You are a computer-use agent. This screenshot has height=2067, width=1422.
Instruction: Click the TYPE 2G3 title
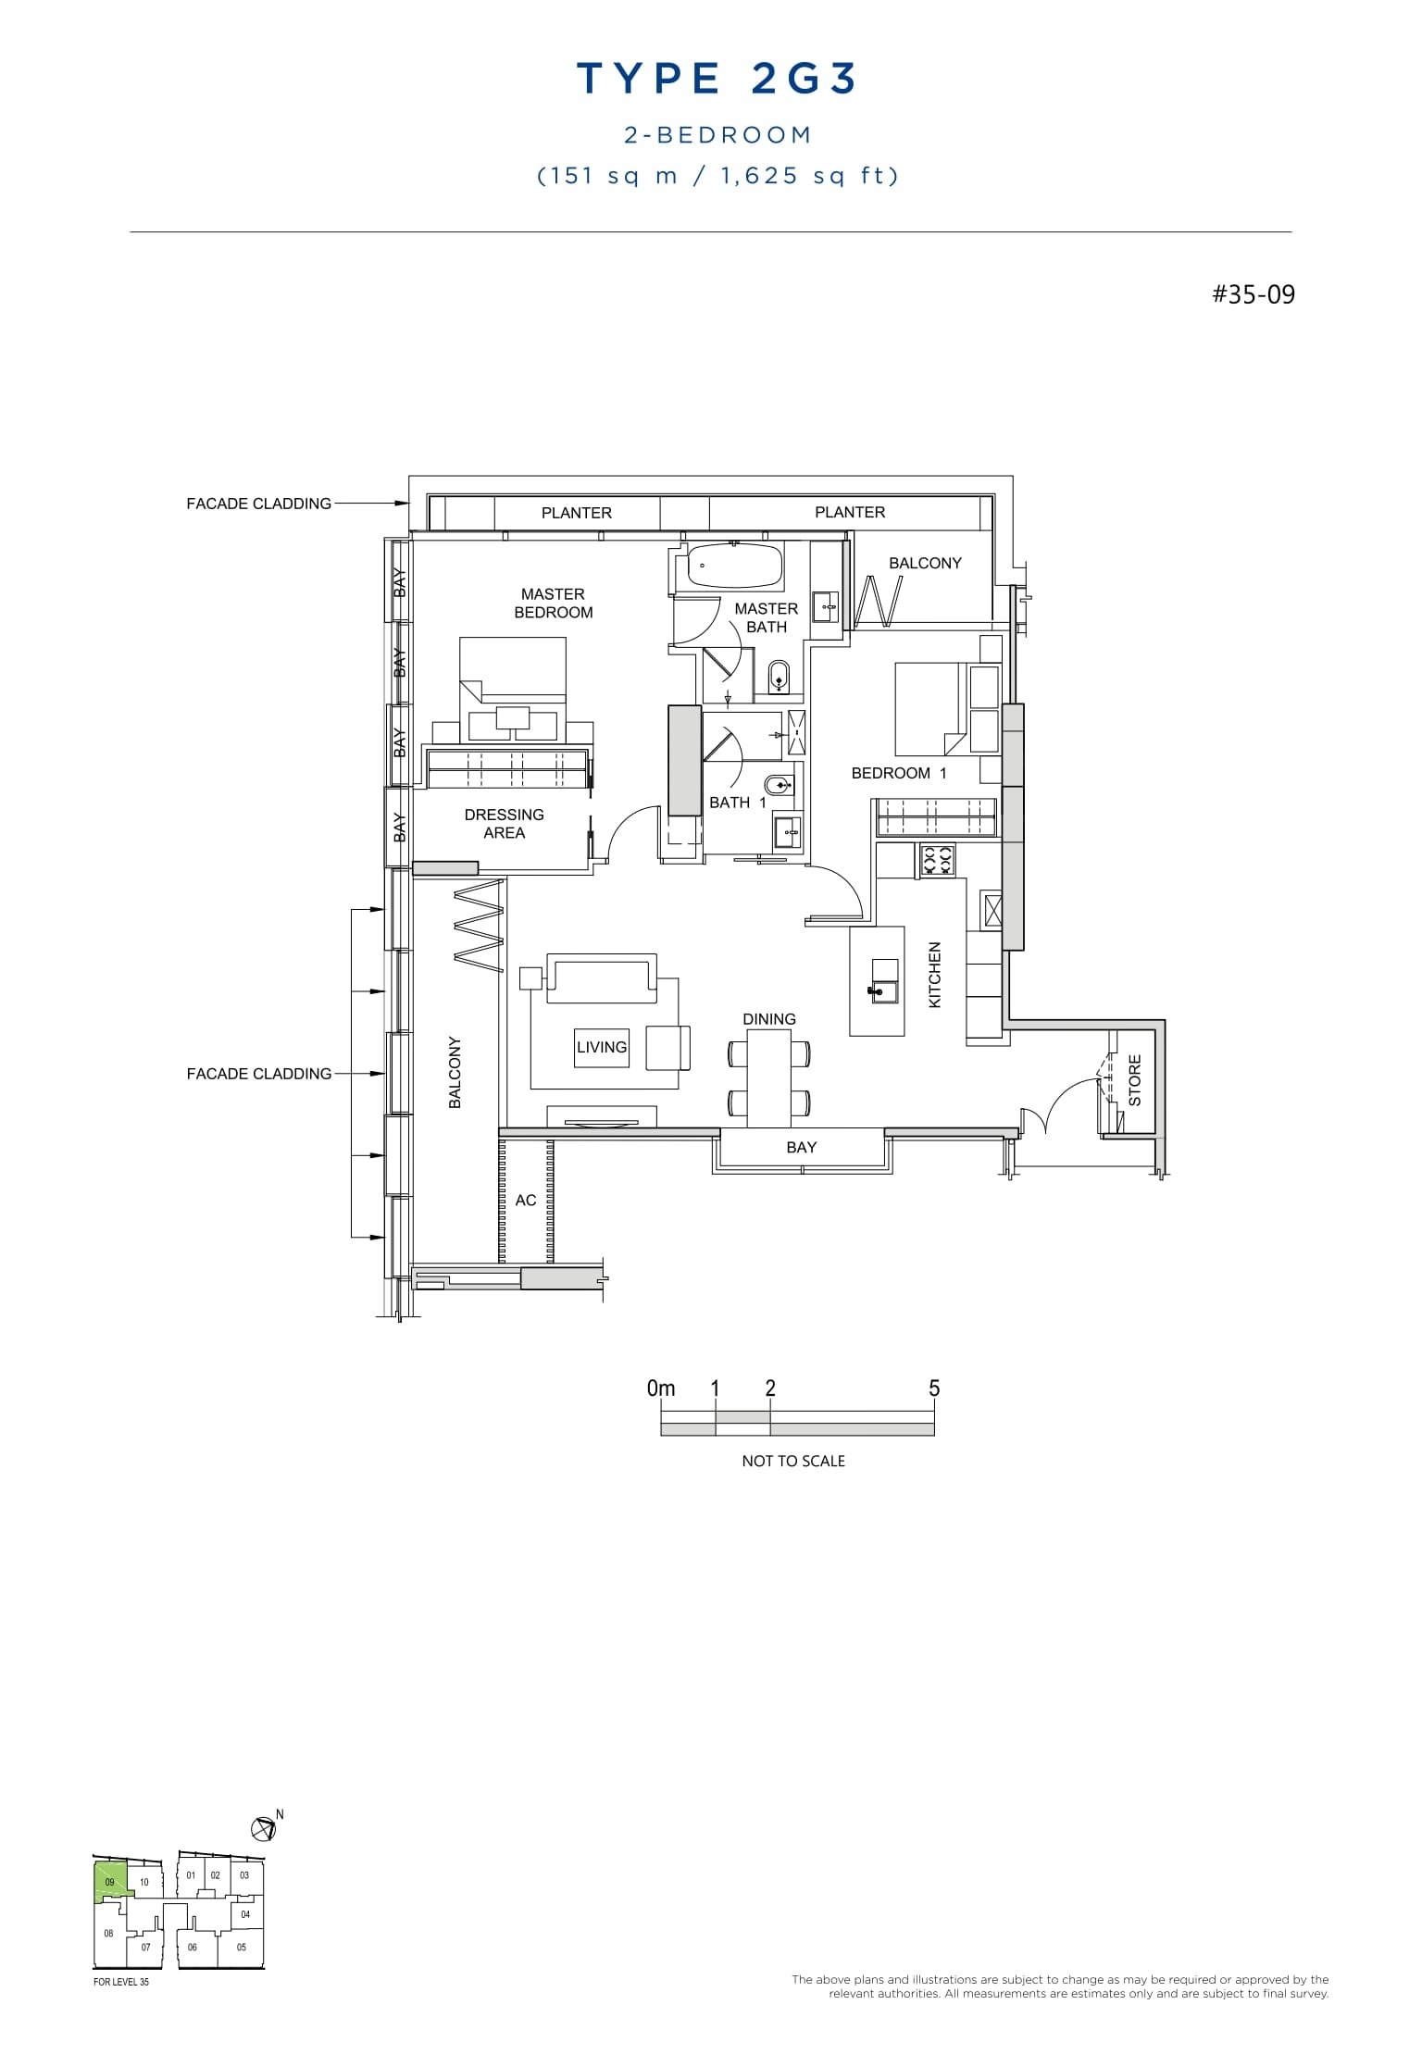point(717,80)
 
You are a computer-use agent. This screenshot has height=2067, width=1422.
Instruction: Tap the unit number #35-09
point(1254,295)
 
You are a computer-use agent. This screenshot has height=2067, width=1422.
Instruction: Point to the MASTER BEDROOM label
point(553,604)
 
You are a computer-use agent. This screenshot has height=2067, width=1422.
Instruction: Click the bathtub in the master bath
point(734,565)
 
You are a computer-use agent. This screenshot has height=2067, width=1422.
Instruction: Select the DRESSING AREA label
point(504,824)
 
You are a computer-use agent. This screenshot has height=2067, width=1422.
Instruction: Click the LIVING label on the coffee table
point(602,1048)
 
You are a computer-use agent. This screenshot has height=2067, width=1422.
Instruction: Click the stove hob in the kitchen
point(937,861)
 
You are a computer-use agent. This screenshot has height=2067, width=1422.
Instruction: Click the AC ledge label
point(525,1201)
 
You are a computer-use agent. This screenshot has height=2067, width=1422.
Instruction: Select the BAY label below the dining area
point(801,1148)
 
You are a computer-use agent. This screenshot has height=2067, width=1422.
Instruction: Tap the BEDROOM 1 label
point(898,773)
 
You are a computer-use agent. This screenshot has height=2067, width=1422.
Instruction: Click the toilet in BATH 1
point(780,785)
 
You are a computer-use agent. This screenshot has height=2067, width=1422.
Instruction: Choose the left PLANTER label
point(576,513)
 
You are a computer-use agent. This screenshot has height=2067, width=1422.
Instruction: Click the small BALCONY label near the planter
point(924,563)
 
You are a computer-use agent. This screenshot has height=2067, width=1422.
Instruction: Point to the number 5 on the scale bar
point(933,1388)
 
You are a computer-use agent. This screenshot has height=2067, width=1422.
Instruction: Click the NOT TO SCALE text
point(793,1461)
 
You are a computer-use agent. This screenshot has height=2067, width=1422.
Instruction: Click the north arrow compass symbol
point(263,1828)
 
